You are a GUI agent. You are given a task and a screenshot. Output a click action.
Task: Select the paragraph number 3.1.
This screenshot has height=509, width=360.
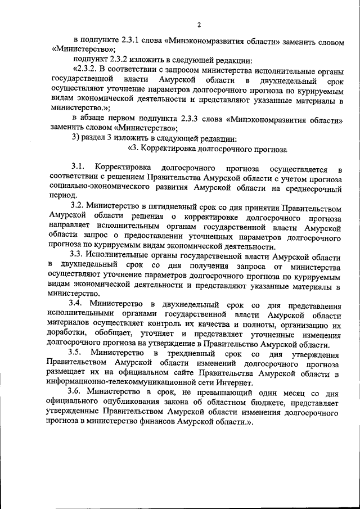pyautogui.click(x=77, y=168)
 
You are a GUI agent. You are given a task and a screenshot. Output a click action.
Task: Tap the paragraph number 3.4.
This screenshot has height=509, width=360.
pyautogui.click(x=77, y=304)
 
